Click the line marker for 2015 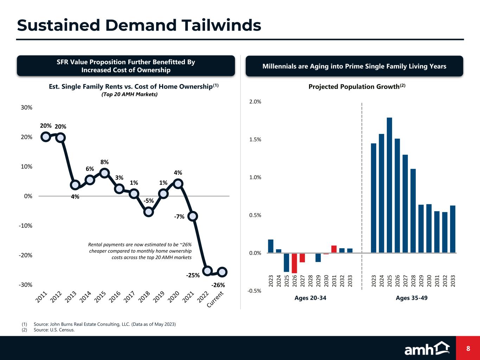(104, 173)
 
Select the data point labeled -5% (149, 212)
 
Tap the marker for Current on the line (222, 272)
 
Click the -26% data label (218, 285)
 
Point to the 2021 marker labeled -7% (192, 216)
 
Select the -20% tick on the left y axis (25, 255)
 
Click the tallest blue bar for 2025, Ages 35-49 (389, 185)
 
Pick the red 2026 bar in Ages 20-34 (294, 263)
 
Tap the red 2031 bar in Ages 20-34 (334, 249)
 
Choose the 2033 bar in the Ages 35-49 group (453, 229)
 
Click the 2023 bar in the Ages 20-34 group (270, 246)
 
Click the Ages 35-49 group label (411, 298)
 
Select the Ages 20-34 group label (310, 298)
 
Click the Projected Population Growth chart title (357, 86)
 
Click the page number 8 (468, 348)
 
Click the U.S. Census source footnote (54, 330)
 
